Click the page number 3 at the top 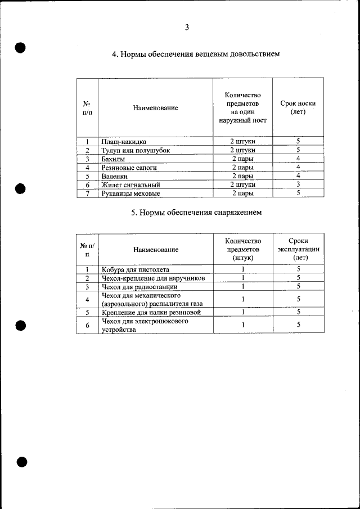coord(187,28)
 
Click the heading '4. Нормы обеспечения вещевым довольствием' coord(195,55)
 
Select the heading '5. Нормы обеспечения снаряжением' coord(196,213)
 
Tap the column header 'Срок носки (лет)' coord(298,107)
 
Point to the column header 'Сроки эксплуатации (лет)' coord(298,249)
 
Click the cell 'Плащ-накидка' coord(124,142)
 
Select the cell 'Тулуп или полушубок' coord(135,151)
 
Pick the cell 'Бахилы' coord(113,159)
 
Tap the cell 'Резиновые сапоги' coord(129,168)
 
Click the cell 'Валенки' coord(115,176)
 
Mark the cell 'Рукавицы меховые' coord(130,193)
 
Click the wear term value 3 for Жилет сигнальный coord(298,184)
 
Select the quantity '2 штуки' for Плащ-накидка coord(242,142)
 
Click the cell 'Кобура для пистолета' coord(136,269)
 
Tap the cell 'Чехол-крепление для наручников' coord(153,278)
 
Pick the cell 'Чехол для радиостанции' coord(139,287)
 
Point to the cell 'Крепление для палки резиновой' coord(151,312)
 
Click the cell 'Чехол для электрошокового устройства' coord(145,325)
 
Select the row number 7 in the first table coord(87,193)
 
